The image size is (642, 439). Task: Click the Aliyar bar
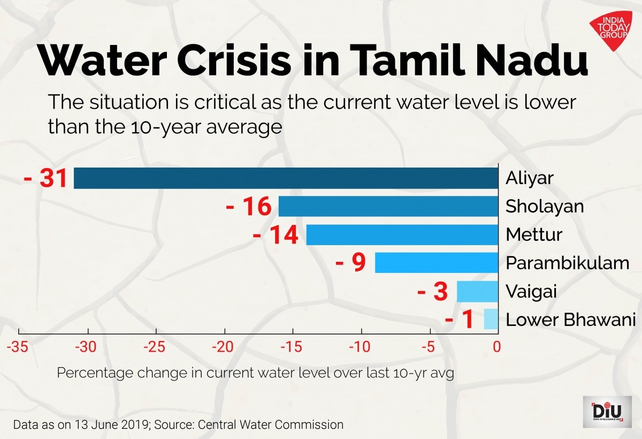[286, 178]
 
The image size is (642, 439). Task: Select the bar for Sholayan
[388, 207]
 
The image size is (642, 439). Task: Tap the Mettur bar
[402, 235]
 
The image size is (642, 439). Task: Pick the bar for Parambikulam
[437, 263]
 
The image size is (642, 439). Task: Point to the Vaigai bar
[477, 291]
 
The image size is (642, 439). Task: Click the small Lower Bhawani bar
[491, 319]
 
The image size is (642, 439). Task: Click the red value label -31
[46, 178]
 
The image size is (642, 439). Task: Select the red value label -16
[249, 207]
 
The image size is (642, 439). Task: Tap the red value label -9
[350, 263]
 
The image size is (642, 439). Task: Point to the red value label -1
[460, 320]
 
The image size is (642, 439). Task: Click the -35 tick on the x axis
[18, 347]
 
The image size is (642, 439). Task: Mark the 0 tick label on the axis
[497, 347]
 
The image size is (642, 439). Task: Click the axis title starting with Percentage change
[255, 373]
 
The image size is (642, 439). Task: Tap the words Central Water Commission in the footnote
[271, 425]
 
